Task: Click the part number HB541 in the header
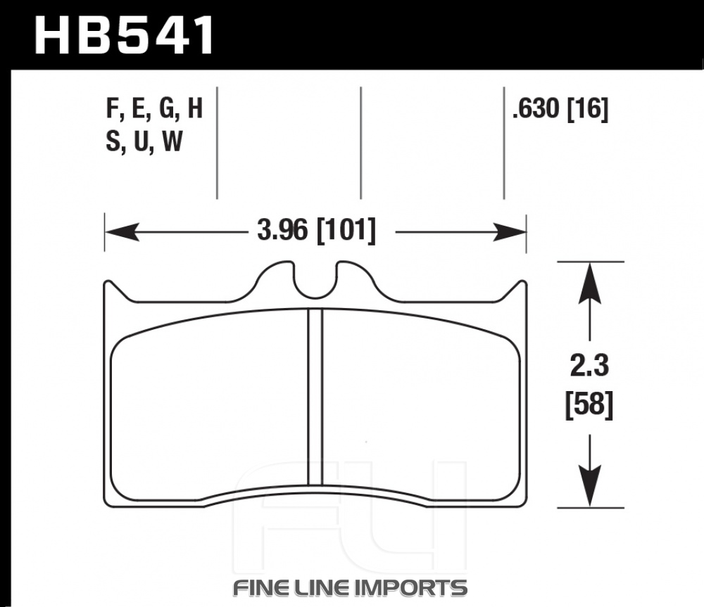[125, 35]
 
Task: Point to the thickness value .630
[536, 108]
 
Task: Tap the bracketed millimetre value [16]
[588, 109]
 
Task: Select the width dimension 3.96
[282, 230]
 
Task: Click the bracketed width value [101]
[346, 231]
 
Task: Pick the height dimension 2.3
[589, 366]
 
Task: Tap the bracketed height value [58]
[589, 404]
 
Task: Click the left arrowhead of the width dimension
[122, 231]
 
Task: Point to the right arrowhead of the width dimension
[510, 231]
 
